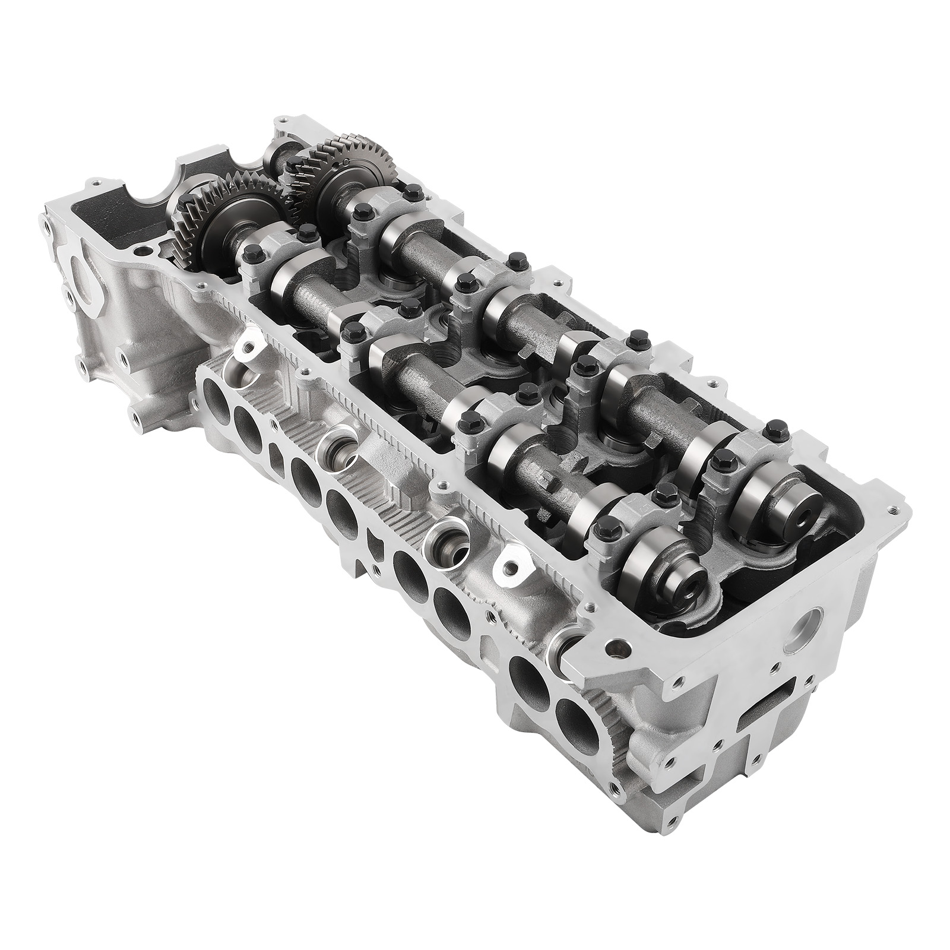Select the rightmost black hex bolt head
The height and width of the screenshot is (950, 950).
774,427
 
